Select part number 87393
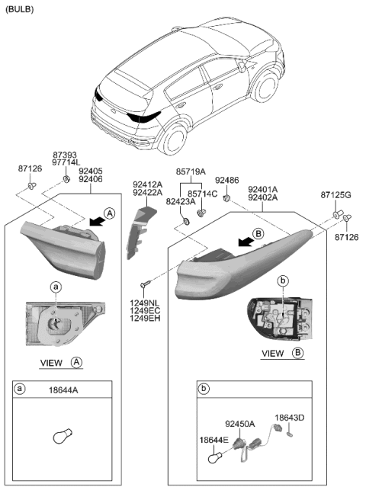tap(65, 154)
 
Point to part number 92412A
tap(146, 184)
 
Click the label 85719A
tap(191, 172)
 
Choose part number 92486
tap(226, 181)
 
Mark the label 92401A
tap(262, 189)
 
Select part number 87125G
tap(336, 195)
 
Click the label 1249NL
tap(146, 302)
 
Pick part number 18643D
tap(289, 418)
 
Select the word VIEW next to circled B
tap(273, 354)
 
